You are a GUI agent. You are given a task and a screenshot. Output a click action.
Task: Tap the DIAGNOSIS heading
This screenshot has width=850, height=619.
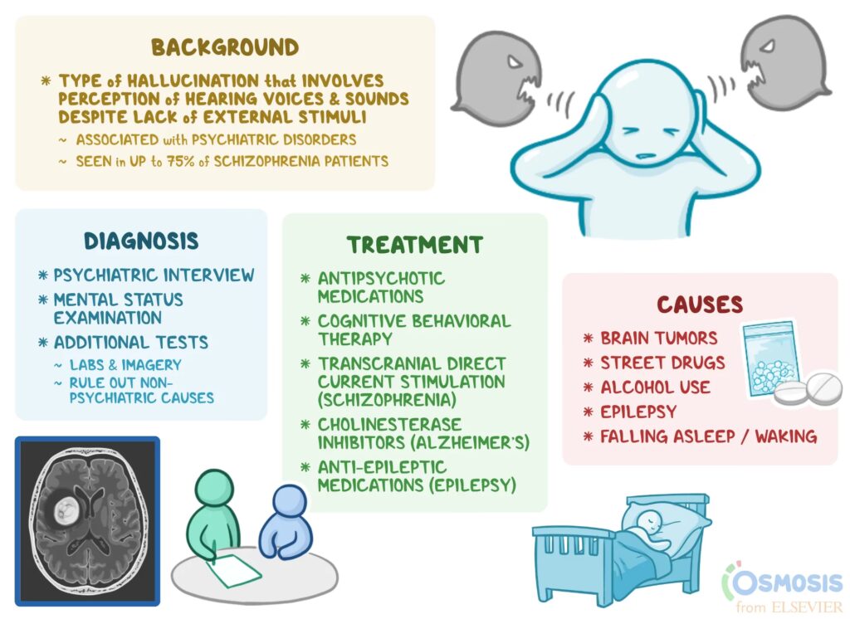click(x=141, y=241)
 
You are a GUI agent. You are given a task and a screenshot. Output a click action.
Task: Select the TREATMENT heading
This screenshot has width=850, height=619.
click(x=414, y=245)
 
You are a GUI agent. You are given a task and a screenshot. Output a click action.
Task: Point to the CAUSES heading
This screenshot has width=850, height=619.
click(x=700, y=305)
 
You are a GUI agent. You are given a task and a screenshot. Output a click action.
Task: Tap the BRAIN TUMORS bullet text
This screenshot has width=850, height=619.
click(x=659, y=339)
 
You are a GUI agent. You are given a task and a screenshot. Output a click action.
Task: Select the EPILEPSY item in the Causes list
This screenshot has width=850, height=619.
click(x=638, y=412)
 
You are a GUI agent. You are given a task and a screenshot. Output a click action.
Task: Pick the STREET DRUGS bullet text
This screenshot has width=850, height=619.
click(x=662, y=363)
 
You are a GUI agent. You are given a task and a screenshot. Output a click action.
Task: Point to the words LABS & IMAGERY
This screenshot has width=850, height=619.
click(x=128, y=364)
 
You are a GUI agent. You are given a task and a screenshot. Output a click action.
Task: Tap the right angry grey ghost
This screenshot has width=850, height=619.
click(x=784, y=58)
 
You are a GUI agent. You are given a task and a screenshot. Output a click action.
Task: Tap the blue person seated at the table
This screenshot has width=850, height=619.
click(x=282, y=523)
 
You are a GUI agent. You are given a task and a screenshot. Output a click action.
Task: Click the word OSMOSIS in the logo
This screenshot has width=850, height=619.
click(x=789, y=582)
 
